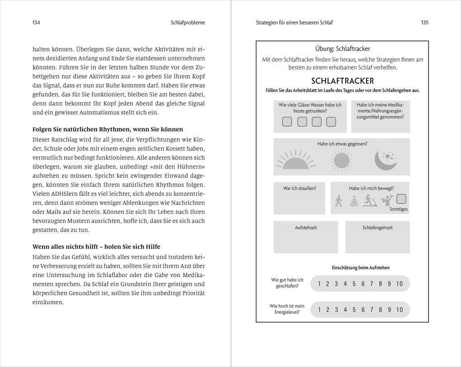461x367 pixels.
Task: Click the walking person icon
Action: pyautogui.click(x=338, y=200)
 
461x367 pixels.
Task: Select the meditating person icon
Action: pyautogui.click(x=354, y=200)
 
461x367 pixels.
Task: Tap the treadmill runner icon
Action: pyautogui.click(x=369, y=200)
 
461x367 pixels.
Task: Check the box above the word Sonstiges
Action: pyautogui.click(x=400, y=198)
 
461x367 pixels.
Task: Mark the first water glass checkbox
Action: pyautogui.click(x=287, y=122)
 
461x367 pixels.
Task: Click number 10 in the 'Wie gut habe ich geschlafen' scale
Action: pyautogui.click(x=399, y=284)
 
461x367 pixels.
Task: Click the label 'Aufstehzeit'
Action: pyautogui.click(x=306, y=228)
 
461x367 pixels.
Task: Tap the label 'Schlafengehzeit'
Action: pyautogui.click(x=377, y=228)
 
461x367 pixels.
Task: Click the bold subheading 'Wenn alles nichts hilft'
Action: pyautogui.click(x=96, y=246)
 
